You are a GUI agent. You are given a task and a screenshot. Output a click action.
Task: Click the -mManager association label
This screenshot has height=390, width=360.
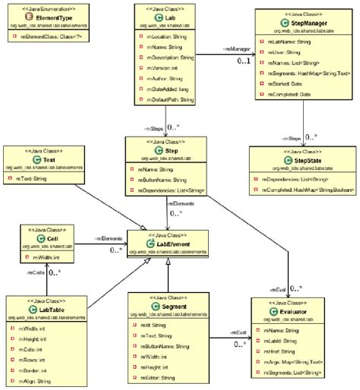tap(233, 49)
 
